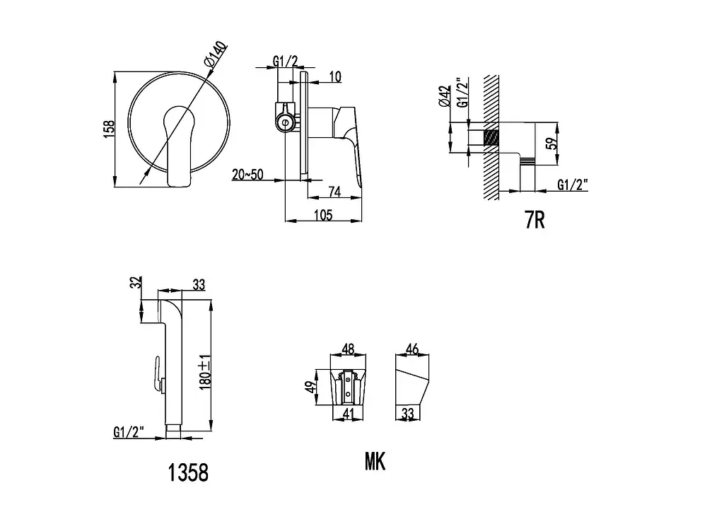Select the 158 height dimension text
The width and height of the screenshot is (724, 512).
108,129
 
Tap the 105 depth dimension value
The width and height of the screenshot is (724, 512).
323,215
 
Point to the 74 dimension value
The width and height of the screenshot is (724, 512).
334,191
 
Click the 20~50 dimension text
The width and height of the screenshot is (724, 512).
247,175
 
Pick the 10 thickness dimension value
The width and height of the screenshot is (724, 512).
336,76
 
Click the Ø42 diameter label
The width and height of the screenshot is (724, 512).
444,96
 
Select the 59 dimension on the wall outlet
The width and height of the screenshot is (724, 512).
551,144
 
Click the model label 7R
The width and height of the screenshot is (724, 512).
535,220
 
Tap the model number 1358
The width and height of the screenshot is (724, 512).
188,472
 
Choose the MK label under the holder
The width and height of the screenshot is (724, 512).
375,461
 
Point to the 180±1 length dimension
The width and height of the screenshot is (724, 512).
206,372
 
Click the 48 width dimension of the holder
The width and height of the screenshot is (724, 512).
348,349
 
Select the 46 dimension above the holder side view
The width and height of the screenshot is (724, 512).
412,349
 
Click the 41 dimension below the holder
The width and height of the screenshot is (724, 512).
348,414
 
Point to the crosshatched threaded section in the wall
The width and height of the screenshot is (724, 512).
491,137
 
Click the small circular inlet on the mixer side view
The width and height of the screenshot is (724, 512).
285,123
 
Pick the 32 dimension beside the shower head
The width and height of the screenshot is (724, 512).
136,283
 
